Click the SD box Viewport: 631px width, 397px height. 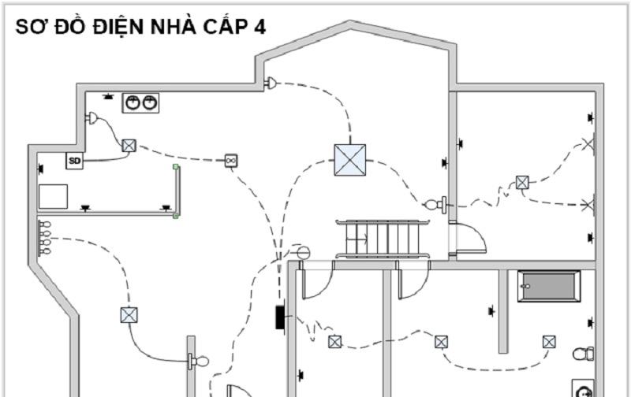point(74,161)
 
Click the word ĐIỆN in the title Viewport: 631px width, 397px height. point(118,27)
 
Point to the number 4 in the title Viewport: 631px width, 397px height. point(259,28)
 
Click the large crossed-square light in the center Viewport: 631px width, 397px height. point(350,160)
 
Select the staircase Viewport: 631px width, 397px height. point(383,239)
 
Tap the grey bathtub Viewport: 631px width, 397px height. point(549,286)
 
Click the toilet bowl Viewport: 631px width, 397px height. point(584,354)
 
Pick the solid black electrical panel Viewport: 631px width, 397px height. point(280,317)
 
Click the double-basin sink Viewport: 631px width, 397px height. point(141,103)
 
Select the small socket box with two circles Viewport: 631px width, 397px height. point(231,161)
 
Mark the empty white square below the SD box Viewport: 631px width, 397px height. point(53,196)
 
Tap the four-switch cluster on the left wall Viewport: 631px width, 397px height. point(44,238)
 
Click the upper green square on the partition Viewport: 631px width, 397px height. point(175,166)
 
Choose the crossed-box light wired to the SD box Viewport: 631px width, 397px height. point(129,146)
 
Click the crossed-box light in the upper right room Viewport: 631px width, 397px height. point(522,183)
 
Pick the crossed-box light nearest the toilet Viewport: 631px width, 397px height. point(549,342)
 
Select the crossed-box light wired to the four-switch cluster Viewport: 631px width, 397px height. point(129,315)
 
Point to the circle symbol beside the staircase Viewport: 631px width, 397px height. point(304,253)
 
